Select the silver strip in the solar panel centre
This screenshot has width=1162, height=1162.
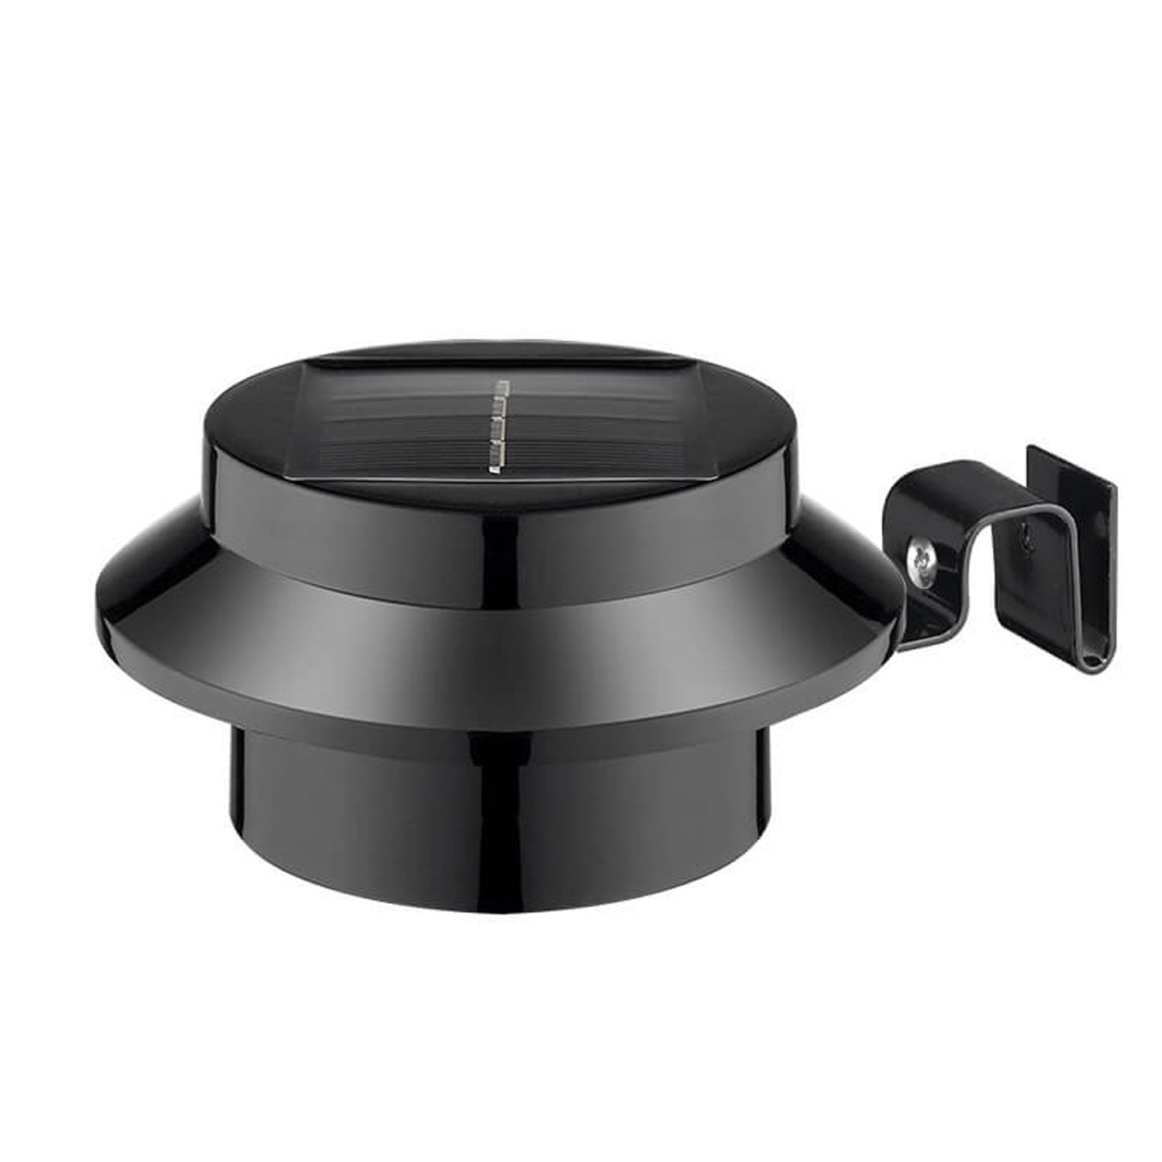click(497, 425)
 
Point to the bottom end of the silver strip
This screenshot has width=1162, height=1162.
click(494, 471)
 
